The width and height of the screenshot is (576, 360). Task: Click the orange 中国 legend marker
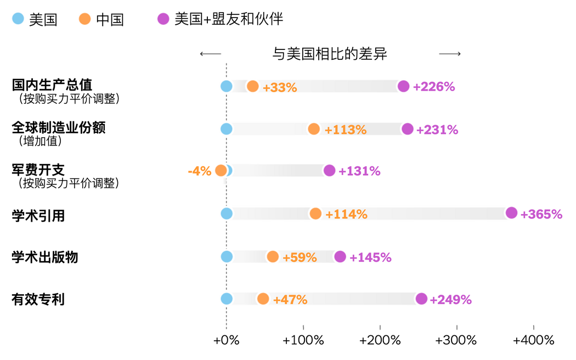click(x=84, y=19)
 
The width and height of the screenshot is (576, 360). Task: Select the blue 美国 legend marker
click(x=18, y=19)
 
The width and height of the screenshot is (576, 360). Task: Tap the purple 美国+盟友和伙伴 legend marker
click(x=163, y=19)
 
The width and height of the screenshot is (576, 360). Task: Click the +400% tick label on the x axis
click(x=533, y=340)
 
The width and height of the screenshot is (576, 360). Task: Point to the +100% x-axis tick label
click(x=303, y=340)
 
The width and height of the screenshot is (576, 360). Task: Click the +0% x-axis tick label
click(x=227, y=340)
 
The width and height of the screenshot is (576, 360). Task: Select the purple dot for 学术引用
click(x=511, y=213)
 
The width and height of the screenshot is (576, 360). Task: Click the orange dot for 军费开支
click(x=221, y=170)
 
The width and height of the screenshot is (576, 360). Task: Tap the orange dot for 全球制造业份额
click(x=314, y=129)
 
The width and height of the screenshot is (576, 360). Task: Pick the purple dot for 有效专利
click(x=421, y=299)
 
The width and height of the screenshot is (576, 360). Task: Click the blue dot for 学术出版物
click(x=227, y=256)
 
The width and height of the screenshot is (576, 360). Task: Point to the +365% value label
click(x=541, y=214)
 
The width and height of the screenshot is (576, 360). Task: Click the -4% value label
click(x=200, y=171)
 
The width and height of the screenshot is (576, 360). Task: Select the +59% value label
click(x=300, y=257)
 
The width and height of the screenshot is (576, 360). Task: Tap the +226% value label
click(x=434, y=87)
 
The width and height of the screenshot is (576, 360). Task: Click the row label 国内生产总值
click(x=52, y=85)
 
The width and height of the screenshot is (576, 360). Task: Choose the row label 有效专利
click(x=38, y=300)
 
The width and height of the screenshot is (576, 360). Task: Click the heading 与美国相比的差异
click(x=330, y=54)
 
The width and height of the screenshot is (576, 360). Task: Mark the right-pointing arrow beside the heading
click(x=450, y=54)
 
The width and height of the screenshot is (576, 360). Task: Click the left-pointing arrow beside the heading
click(x=210, y=54)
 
